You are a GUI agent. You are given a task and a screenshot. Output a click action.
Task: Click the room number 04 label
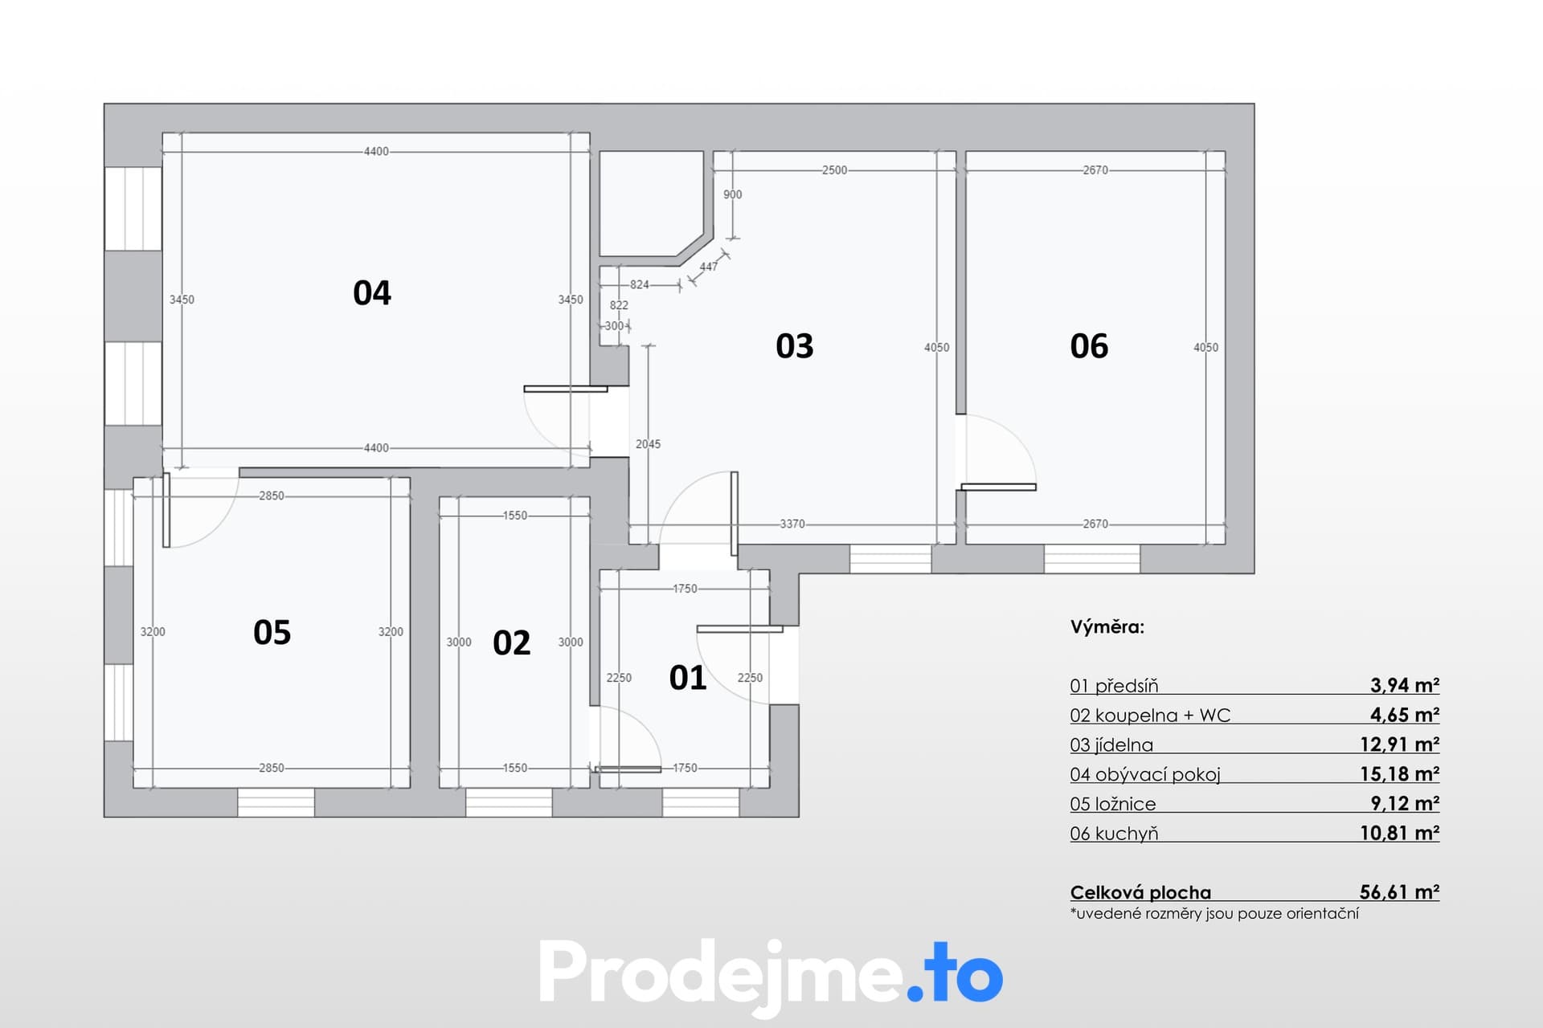tap(372, 293)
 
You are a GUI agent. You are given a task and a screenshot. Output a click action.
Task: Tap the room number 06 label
tap(1089, 346)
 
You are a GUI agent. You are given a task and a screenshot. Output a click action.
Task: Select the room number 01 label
tap(688, 678)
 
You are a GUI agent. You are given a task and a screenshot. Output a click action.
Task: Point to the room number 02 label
tap(512, 643)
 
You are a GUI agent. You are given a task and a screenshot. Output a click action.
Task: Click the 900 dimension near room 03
tap(732, 194)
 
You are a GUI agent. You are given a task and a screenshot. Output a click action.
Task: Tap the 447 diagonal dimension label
tap(708, 267)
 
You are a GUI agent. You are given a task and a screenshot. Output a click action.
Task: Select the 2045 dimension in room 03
tap(648, 444)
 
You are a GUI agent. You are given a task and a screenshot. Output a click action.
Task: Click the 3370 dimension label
tap(792, 524)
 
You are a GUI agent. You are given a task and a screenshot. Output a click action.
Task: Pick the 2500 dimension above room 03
tap(834, 170)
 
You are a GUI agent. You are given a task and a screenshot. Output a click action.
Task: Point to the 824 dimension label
tap(640, 284)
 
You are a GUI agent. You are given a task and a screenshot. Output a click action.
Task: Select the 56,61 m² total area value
tap(1399, 891)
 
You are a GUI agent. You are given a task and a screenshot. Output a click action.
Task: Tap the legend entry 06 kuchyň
tap(1114, 834)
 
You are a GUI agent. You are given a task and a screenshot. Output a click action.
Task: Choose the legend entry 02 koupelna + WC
tap(1150, 715)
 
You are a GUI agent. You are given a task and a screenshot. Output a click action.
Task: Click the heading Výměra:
tap(1107, 626)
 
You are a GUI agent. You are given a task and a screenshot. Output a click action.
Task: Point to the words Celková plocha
tap(1140, 892)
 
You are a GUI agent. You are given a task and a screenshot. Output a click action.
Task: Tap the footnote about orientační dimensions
tap(1214, 914)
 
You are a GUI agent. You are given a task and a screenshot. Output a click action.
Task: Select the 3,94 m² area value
tap(1405, 685)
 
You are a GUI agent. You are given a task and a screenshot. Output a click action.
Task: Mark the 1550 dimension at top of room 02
tap(515, 516)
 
